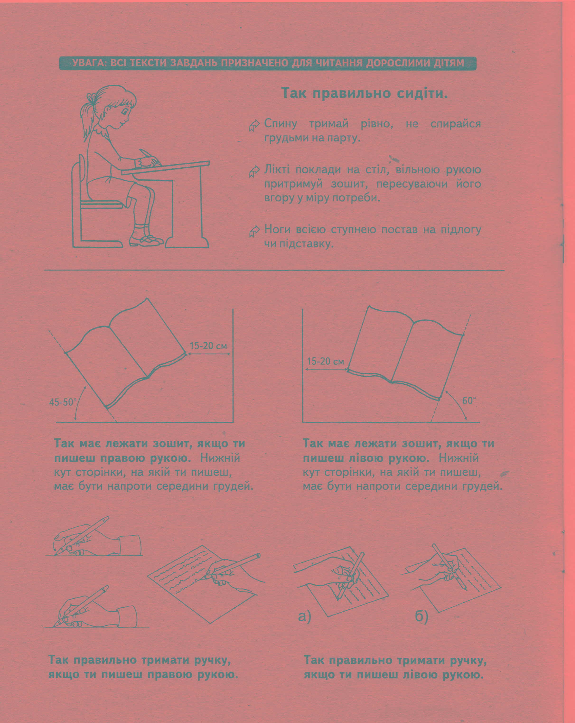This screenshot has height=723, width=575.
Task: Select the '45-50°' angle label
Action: pos(63,402)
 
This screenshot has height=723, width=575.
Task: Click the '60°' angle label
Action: pos(469,400)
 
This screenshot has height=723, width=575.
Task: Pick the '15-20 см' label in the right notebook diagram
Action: pos(325,361)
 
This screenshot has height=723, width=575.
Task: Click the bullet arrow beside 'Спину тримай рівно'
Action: pos(254,126)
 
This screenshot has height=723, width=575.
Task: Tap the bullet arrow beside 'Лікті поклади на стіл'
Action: pos(254,171)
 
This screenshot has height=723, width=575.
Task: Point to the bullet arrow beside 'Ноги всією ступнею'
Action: pos(254,231)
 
